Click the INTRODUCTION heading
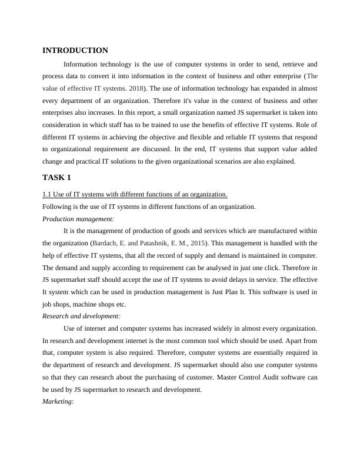coord(75,51)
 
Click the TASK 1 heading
coord(58,177)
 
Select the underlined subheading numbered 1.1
coord(135,195)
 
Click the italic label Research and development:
coord(82,316)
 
